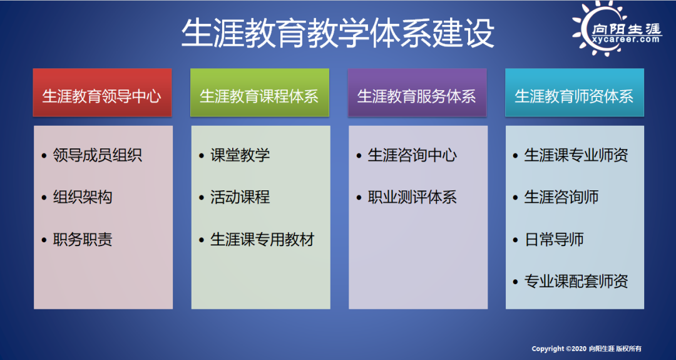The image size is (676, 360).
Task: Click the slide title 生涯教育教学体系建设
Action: tap(337, 33)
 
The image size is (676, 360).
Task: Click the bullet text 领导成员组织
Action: tap(98, 155)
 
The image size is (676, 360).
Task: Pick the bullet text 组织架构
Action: tap(83, 197)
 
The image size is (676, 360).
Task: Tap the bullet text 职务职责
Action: tap(83, 239)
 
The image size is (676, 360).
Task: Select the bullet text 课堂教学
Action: tap(240, 155)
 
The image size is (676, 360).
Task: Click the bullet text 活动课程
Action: tap(240, 197)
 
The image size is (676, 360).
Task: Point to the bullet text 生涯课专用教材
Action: tap(262, 239)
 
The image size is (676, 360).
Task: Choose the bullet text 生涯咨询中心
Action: tap(412, 155)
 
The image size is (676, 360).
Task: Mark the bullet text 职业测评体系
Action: tap(412, 197)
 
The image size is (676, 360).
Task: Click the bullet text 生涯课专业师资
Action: tap(576, 155)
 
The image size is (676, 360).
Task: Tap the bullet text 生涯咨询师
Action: tap(561, 197)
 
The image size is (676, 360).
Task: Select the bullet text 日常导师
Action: tap(554, 239)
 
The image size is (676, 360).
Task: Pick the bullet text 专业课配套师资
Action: tap(576, 281)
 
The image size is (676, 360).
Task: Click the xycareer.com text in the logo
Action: tap(626, 39)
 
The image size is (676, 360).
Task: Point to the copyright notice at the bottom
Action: tap(586, 348)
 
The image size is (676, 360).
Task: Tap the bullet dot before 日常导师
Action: tap(515, 240)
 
